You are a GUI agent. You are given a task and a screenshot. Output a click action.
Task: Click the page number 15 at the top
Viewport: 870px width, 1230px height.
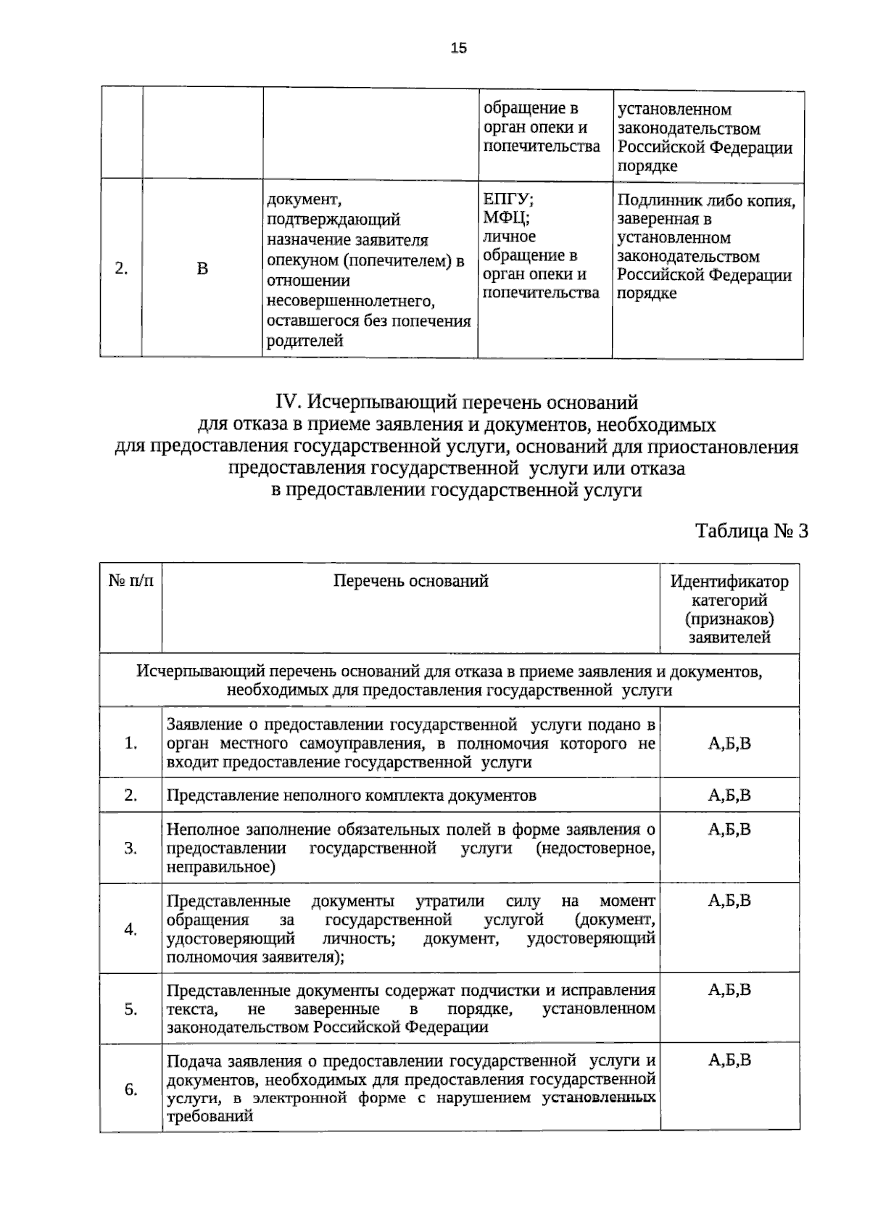tap(458, 49)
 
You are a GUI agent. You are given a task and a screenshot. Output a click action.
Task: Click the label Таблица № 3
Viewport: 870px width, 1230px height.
tap(751, 532)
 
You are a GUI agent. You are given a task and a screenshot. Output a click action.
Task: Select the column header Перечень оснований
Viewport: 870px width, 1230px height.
tap(410, 581)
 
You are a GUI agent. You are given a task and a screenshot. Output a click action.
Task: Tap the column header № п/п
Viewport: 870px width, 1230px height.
tap(130, 581)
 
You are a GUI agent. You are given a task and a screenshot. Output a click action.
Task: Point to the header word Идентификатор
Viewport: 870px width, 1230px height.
tap(729, 582)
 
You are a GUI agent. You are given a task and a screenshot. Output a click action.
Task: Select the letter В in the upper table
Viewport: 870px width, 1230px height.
tap(202, 269)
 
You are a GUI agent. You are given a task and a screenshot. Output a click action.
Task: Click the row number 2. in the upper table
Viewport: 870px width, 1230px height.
tap(121, 268)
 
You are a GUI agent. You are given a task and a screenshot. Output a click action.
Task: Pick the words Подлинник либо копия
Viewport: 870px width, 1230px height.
tap(706, 201)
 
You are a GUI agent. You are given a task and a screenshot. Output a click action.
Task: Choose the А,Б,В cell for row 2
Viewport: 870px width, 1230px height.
tap(729, 796)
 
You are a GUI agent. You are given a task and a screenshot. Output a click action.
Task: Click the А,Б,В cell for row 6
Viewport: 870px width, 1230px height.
tap(729, 1060)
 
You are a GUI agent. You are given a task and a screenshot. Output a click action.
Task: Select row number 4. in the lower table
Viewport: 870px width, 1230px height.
tap(131, 929)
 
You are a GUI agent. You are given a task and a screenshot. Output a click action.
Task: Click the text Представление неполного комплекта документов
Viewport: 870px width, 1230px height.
tap(352, 796)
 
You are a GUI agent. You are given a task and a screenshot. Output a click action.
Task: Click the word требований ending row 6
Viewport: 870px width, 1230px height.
tap(210, 1117)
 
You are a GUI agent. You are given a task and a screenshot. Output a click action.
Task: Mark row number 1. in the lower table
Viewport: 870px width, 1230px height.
tap(131, 743)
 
